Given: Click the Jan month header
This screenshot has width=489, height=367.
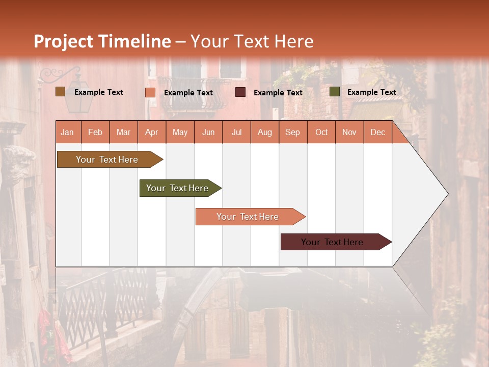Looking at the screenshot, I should [67, 133].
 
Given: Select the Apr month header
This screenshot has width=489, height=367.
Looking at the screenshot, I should [151, 133].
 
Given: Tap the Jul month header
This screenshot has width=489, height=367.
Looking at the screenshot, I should [236, 133].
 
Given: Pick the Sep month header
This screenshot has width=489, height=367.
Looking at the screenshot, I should [292, 133].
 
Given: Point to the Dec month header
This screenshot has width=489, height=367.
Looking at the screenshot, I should [377, 133].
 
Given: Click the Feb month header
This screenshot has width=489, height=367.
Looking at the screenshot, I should [95, 133].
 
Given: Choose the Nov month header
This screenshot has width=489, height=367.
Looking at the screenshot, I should [349, 133].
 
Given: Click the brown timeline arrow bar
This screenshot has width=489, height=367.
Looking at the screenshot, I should [107, 160].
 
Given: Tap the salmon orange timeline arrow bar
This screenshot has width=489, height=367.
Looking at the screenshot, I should [248, 217].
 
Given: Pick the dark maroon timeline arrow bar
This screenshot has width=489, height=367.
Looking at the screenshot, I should [333, 242].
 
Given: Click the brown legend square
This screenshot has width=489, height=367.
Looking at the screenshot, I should [60, 92].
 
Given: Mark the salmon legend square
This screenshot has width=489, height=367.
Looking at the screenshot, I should [150, 92].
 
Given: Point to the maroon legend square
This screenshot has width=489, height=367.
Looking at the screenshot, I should [240, 92].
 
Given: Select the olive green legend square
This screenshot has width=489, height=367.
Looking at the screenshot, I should [335, 92].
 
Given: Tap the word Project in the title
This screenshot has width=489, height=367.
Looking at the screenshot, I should [63, 42].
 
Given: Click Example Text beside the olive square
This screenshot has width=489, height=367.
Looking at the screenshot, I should [371, 92].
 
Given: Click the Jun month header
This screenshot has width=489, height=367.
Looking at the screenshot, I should [208, 133].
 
